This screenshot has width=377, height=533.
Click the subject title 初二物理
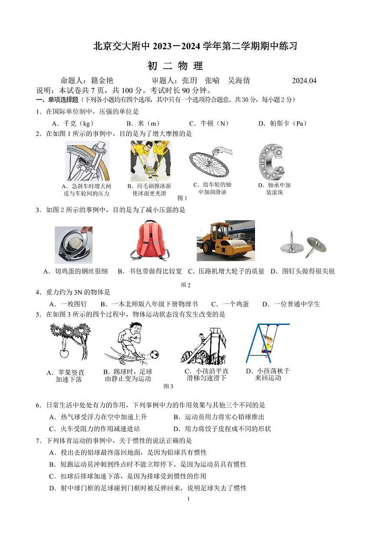click(x=175, y=66)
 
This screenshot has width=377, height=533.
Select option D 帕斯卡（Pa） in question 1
click(x=283, y=124)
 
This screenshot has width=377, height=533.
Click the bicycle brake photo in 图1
click(x=87, y=161)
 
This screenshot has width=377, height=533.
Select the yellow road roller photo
click(x=226, y=241)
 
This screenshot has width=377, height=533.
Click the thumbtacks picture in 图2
click(x=304, y=246)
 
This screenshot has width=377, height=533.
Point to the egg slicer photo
click(x=74, y=245)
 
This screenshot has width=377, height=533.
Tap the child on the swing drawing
click(x=268, y=343)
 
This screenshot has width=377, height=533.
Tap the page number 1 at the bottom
click(x=188, y=499)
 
